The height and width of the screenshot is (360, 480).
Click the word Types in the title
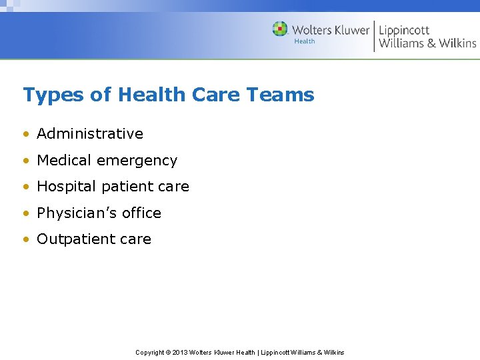53,95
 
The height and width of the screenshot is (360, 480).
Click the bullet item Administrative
90,133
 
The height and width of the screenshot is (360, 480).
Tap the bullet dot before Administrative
26,134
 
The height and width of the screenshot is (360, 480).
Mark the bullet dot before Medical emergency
26,161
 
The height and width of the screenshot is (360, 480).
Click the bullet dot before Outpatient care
26,239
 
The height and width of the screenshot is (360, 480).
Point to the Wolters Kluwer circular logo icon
280,29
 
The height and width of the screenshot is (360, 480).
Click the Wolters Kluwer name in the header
330,29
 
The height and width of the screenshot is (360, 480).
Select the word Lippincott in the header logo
404,30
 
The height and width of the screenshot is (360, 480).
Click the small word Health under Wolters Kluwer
305,41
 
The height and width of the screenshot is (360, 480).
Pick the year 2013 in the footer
181,352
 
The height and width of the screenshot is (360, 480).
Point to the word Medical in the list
65,161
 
